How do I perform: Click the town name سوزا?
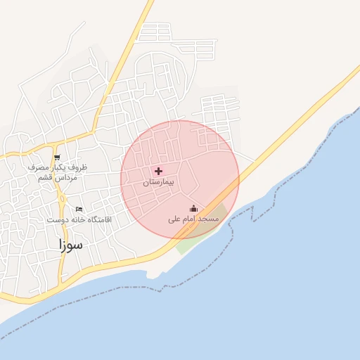click(x=71, y=245)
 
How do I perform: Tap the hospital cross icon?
click(x=158, y=171)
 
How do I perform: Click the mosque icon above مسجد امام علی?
click(x=193, y=208)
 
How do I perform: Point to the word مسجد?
click(x=209, y=219)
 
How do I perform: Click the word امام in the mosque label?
click(x=190, y=219)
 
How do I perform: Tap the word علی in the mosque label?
click(x=174, y=219)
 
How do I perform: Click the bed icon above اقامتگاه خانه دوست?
click(x=79, y=209)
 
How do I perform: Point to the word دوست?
click(x=56, y=220)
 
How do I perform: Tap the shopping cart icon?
click(x=57, y=157)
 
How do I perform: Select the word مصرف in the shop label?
click(x=38, y=168)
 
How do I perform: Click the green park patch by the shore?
click(x=184, y=244)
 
